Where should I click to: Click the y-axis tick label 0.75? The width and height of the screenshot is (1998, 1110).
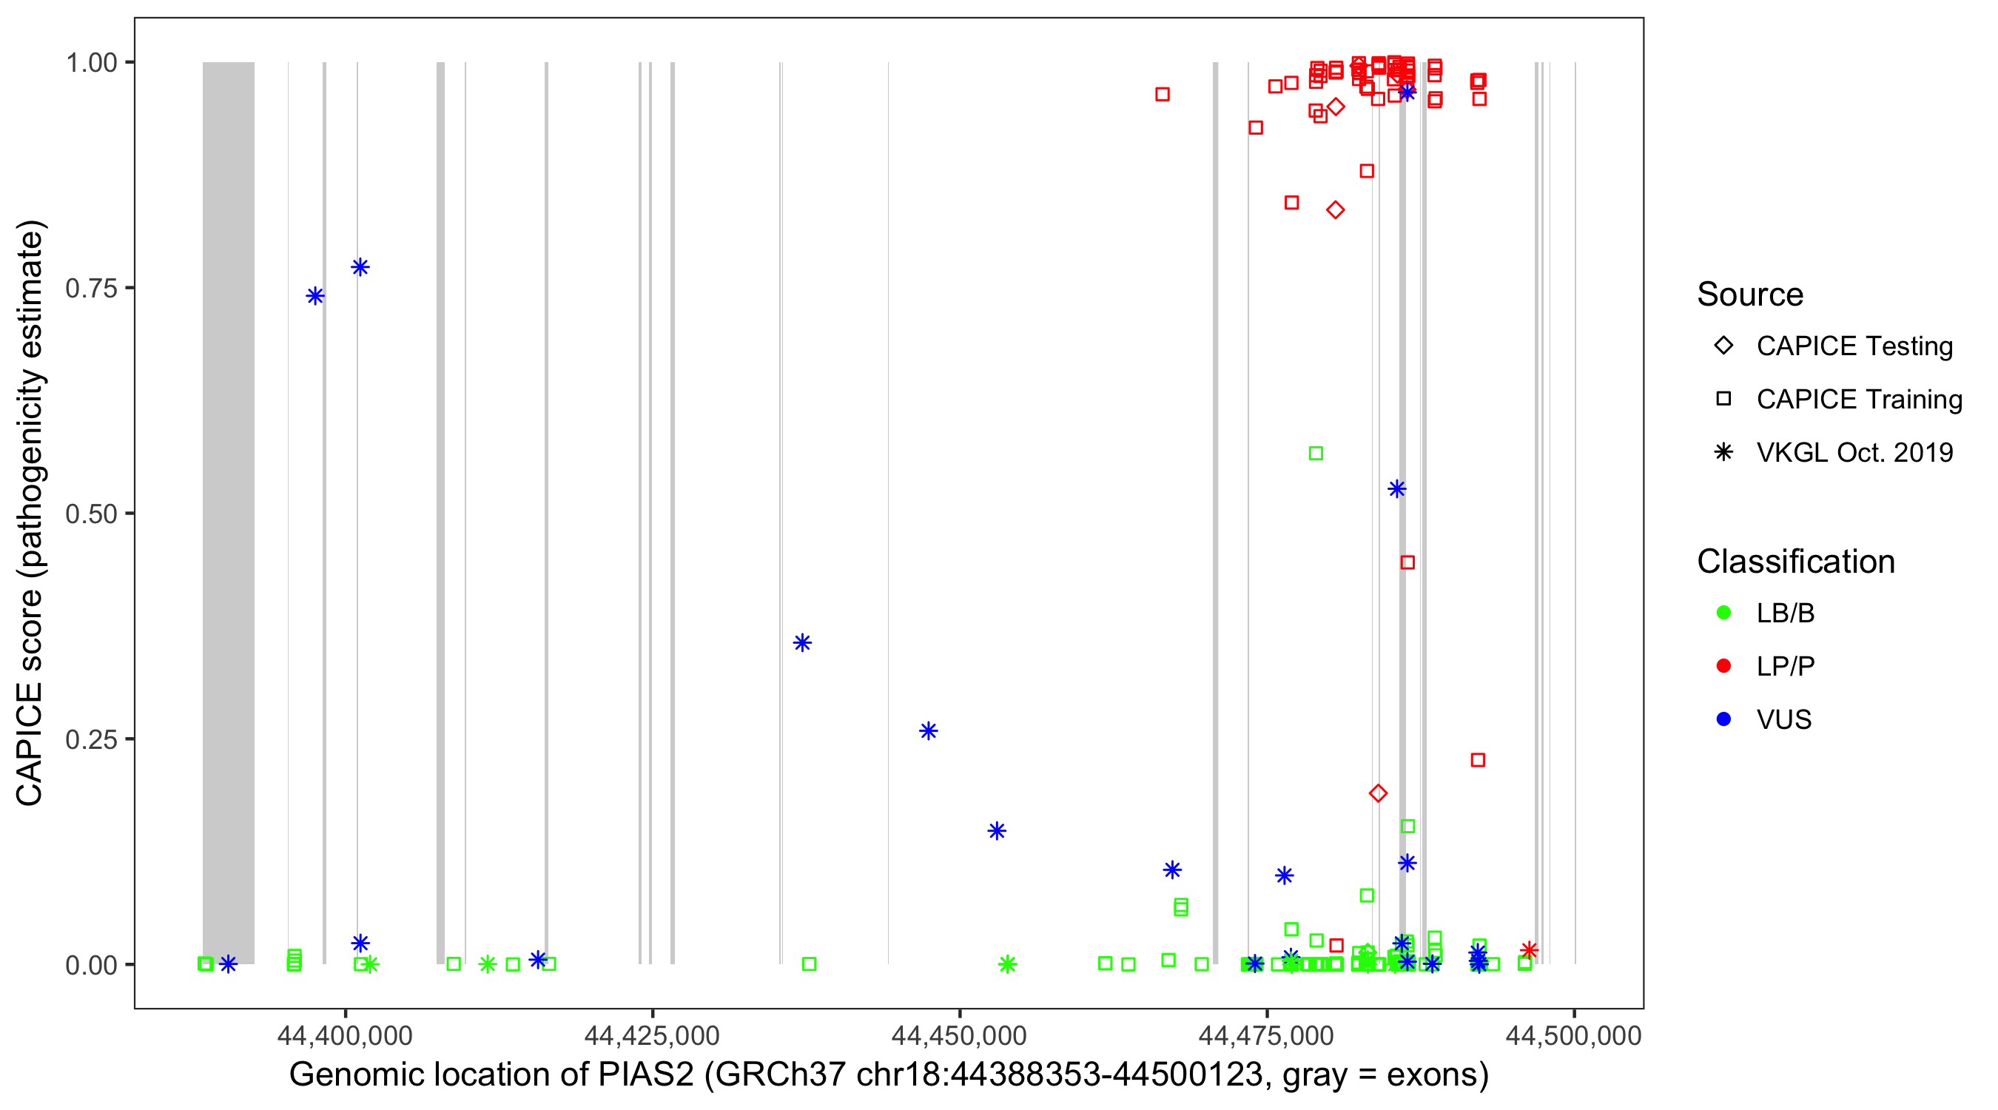[91, 289]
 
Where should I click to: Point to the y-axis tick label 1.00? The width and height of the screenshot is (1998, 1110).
[91, 63]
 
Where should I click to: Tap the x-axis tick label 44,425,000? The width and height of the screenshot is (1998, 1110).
[651, 1035]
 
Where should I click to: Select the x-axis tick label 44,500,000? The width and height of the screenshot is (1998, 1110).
[1573, 1035]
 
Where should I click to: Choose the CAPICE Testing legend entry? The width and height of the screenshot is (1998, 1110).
[1854, 346]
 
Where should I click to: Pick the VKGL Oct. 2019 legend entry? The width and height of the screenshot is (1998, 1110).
[1854, 452]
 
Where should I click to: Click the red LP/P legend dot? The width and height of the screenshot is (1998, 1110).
[1723, 666]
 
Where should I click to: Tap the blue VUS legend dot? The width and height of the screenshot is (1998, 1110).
[1723, 719]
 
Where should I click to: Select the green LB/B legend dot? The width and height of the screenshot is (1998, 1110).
[1723, 613]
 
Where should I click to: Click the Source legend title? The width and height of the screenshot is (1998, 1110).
[1750, 295]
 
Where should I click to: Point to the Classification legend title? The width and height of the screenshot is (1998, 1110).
[1795, 562]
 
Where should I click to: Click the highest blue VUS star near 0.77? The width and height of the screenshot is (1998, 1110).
[360, 268]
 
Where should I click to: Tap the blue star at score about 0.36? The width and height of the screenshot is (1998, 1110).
[803, 643]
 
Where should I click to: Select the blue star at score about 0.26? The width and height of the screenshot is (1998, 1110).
[929, 731]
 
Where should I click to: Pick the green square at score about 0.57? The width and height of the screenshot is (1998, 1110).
[1316, 454]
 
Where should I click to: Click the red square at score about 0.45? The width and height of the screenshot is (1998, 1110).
[1407, 562]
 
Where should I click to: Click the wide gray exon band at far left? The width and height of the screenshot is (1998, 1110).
[228, 512]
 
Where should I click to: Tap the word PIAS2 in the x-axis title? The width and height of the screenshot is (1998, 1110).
[645, 1075]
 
